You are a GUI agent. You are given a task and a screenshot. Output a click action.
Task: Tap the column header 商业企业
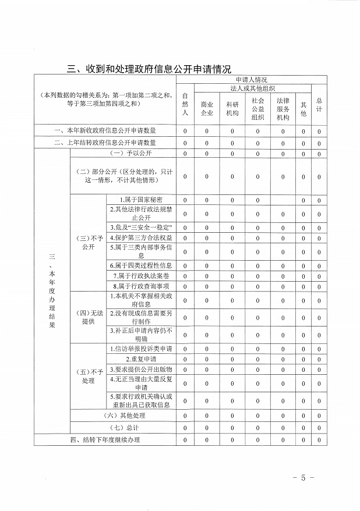pos(207,109)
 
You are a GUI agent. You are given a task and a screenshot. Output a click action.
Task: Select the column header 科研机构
pos(232,109)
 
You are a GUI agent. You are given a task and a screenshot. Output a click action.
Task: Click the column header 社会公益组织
pos(257,109)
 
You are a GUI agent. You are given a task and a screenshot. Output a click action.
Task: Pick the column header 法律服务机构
pos(283,109)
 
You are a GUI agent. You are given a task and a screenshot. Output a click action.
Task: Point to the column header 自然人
pos(185,104)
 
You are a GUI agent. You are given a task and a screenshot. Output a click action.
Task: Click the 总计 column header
pos(319,104)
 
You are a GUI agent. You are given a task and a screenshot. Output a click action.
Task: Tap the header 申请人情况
pos(252,79)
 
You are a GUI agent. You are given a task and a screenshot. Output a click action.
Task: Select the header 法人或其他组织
pos(252,88)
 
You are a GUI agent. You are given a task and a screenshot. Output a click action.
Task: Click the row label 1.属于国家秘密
pos(141,200)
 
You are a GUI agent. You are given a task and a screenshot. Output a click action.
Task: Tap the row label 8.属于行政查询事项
pos(141,286)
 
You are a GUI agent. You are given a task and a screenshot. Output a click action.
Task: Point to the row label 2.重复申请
pos(141,359)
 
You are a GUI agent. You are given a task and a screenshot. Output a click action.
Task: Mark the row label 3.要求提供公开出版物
pos(141,369)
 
